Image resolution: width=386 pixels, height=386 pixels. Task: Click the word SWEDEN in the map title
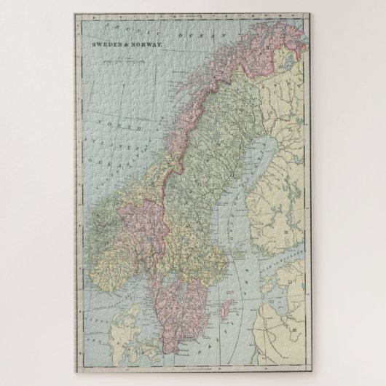(104, 45)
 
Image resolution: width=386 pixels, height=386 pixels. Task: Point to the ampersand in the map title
(123, 45)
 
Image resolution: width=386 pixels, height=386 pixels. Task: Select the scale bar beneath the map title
(124, 54)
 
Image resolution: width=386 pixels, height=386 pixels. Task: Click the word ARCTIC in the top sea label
(121, 27)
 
